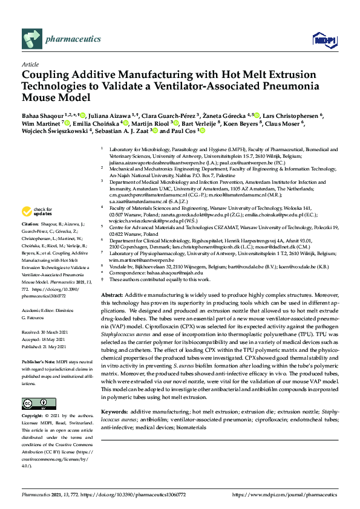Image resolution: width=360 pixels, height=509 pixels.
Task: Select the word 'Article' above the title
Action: pyautogui.click(x=30, y=63)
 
